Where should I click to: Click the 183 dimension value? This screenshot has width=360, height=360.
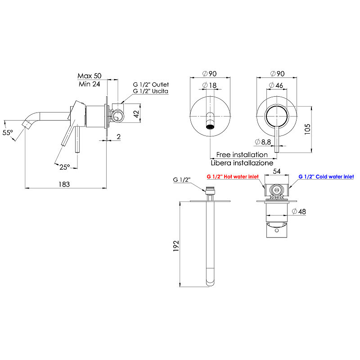pyautogui.click(x=64, y=184)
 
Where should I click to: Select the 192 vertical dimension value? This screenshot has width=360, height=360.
pyautogui.click(x=176, y=246)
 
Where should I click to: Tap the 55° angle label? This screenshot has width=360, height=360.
pyautogui.click(x=8, y=132)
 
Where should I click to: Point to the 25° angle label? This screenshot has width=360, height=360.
pyautogui.click(x=64, y=167)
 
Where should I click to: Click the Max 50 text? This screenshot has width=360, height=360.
pyautogui.click(x=90, y=76)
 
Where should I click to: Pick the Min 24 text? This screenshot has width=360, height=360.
pyautogui.click(x=89, y=84)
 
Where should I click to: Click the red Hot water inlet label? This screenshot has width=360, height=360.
pyautogui.click(x=233, y=176)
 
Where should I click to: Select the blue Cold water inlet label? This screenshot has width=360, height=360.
pyautogui.click(x=326, y=176)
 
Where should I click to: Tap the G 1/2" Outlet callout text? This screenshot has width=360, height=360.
pyautogui.click(x=151, y=85)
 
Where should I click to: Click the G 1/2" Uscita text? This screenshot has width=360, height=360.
pyautogui.click(x=151, y=91)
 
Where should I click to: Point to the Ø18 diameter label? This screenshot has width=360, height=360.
pyautogui.click(x=209, y=85)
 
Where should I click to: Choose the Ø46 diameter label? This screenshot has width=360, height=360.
pyautogui.click(x=276, y=85)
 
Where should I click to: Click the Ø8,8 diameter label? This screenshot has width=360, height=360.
pyautogui.click(x=263, y=142)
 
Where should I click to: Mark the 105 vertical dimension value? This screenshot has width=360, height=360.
pyautogui.click(x=307, y=129)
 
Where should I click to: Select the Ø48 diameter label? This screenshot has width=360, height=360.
pyautogui.click(x=299, y=211)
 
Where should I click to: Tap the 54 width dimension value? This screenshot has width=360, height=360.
pyautogui.click(x=277, y=171)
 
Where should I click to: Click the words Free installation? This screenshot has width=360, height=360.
pyautogui.click(x=242, y=154)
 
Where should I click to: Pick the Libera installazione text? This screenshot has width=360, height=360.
pyautogui.click(x=242, y=163)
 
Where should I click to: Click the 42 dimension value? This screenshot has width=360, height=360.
pyautogui.click(x=136, y=114)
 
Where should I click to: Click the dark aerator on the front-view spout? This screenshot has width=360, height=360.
pyautogui.click(x=210, y=127)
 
